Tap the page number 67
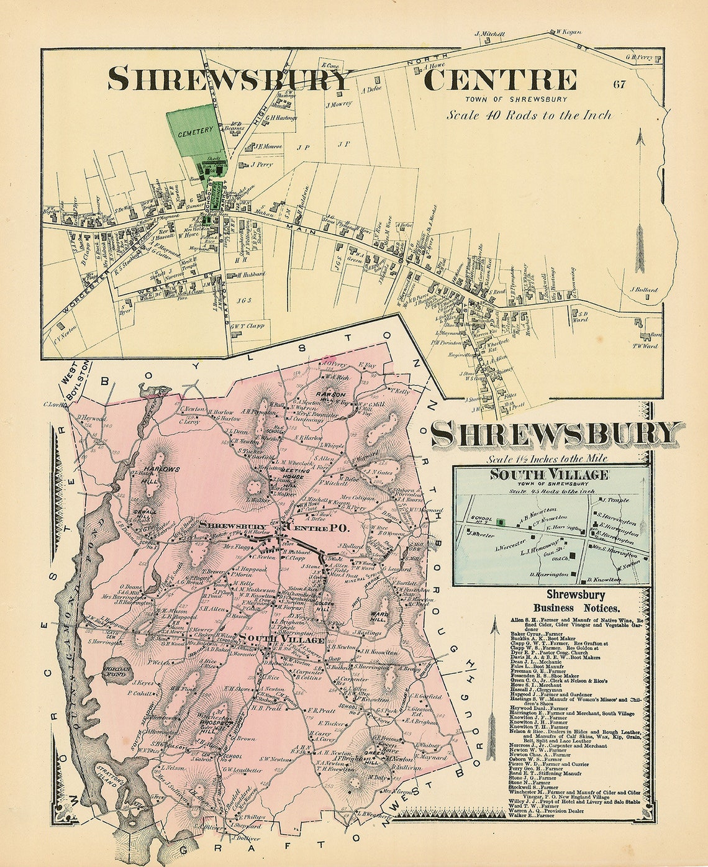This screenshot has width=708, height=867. (x=619, y=84)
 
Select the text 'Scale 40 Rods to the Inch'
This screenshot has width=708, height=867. (x=529, y=115)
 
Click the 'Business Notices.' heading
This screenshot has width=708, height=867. (x=572, y=609)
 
